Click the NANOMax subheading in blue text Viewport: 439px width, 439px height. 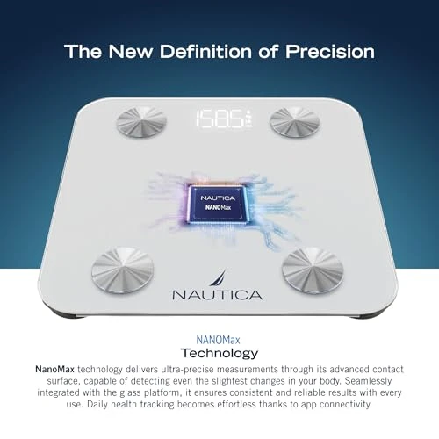click(x=219, y=335)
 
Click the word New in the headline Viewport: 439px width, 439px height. click(x=130, y=52)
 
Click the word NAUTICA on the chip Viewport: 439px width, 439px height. click(x=219, y=197)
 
